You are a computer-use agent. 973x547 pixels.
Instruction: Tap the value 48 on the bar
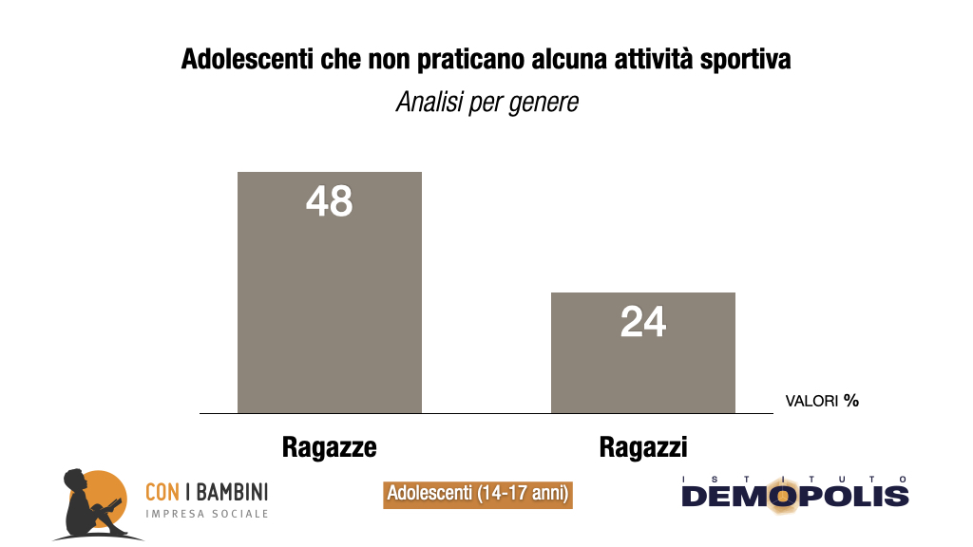[x=329, y=201]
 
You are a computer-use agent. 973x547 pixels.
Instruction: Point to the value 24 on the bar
[x=643, y=323]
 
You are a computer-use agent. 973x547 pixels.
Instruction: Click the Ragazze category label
[x=329, y=446]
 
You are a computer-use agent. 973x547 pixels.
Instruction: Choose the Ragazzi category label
[x=643, y=446]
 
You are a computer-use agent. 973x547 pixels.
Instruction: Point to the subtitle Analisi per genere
[x=486, y=102]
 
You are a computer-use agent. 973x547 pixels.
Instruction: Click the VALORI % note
[x=822, y=401]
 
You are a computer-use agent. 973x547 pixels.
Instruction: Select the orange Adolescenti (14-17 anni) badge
[x=477, y=495]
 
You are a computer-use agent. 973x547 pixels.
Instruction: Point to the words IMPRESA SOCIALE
[x=206, y=515]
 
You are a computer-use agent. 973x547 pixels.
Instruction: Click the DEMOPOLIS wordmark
[x=794, y=496]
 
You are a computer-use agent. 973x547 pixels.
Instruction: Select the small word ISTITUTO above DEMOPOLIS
[x=794, y=478]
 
